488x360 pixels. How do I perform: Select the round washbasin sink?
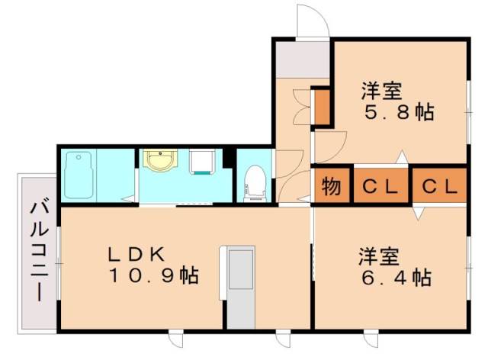coord(160,162)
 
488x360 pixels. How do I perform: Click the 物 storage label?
coord(331,185)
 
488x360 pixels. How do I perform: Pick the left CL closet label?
coord(380,185)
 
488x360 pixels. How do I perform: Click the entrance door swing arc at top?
coord(312,18)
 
